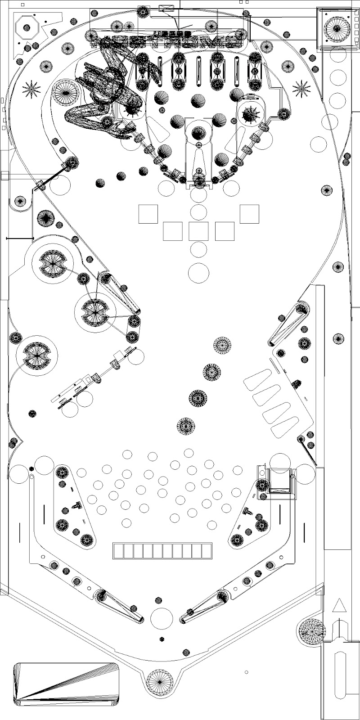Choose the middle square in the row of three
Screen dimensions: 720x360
click(199, 231)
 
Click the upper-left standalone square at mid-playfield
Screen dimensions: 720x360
click(148, 214)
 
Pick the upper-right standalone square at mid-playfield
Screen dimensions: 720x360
click(249, 214)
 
